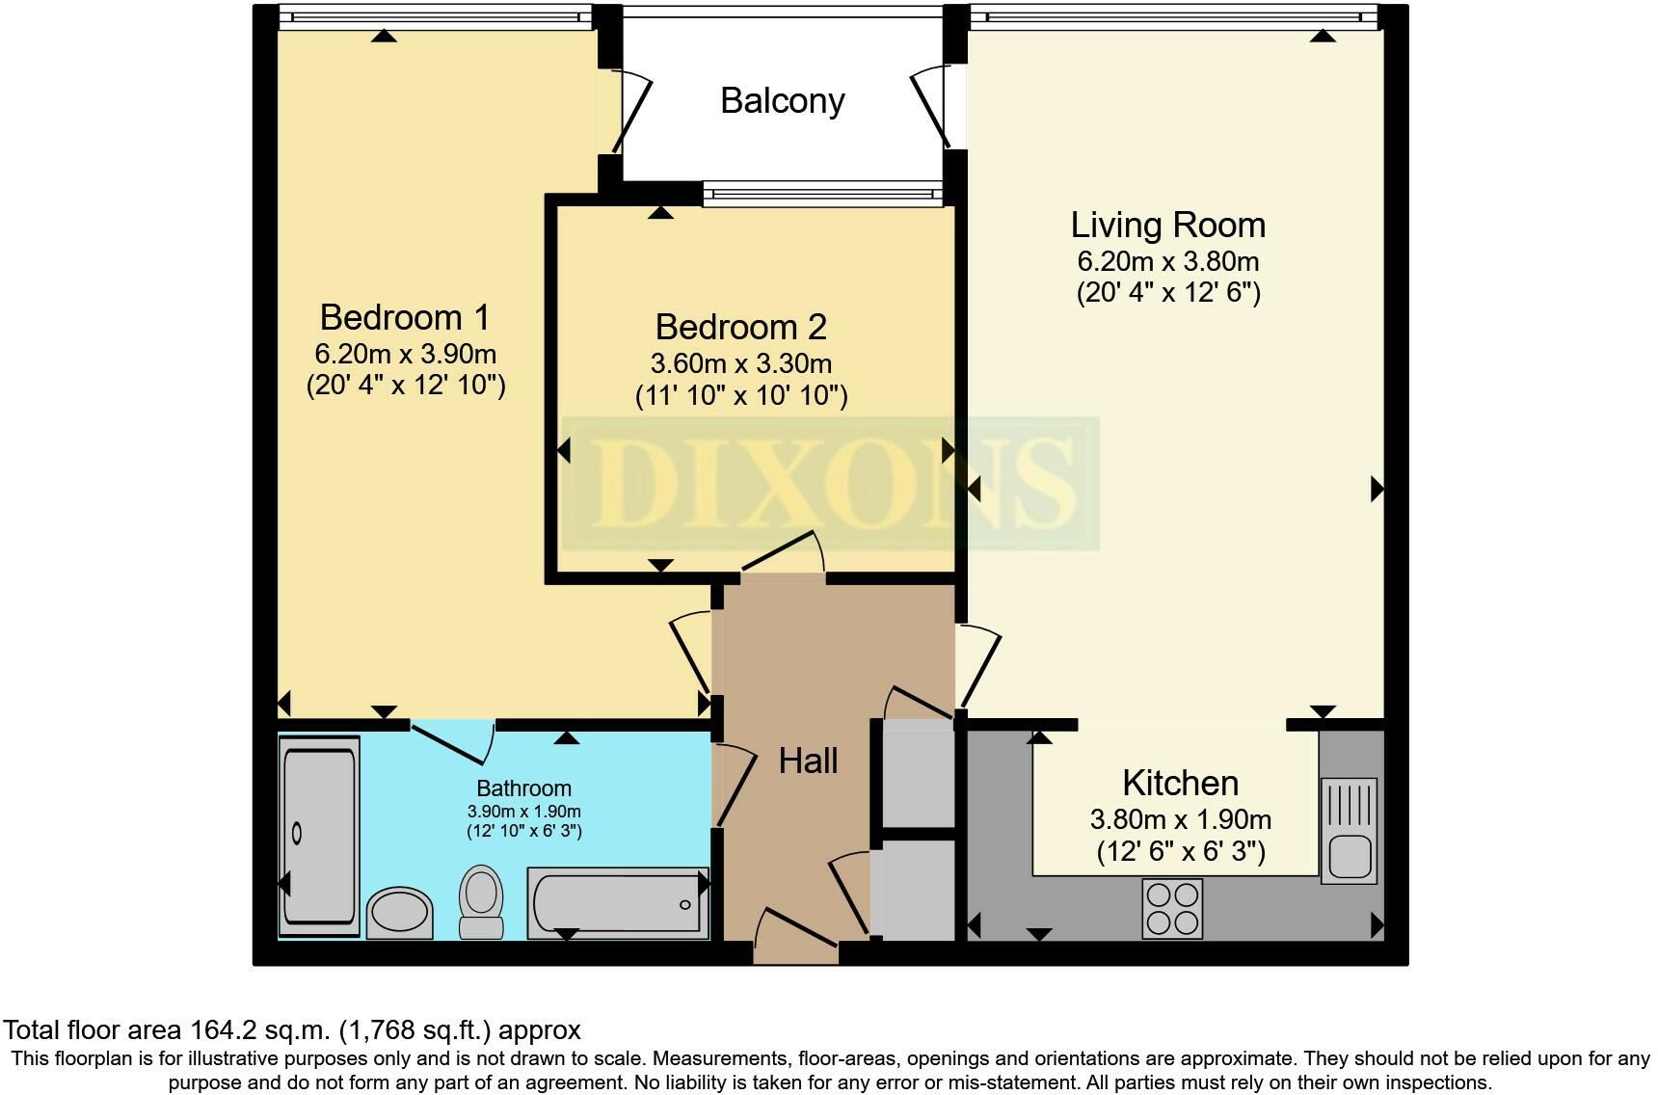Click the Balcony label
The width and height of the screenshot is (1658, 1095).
782,101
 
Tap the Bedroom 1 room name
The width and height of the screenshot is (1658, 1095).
405,317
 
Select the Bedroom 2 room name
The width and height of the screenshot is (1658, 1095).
740,328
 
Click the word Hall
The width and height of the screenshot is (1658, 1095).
808,761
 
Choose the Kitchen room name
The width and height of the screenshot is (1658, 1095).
1180,783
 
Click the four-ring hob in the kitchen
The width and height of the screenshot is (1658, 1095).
1172,908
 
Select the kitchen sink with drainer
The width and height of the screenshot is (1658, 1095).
1350,831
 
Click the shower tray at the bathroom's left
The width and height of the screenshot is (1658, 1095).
319,837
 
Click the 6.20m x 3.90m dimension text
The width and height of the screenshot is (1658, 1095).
405,354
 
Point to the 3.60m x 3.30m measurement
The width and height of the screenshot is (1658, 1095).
740,364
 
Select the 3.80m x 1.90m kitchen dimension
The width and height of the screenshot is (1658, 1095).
1180,820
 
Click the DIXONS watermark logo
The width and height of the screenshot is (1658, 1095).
831,483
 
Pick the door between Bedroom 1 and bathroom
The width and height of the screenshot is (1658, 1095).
453,740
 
